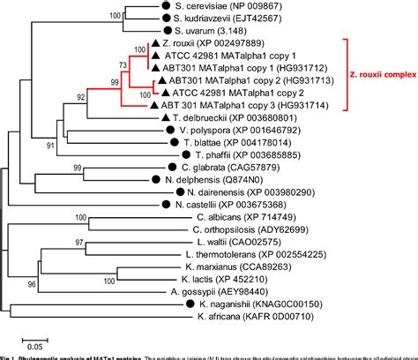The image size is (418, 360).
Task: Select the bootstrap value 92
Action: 80,98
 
